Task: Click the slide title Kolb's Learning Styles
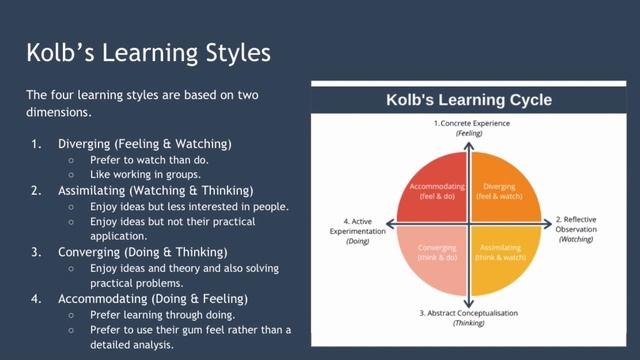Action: [148, 52]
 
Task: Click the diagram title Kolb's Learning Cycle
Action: [469, 100]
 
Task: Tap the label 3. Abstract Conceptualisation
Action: [469, 313]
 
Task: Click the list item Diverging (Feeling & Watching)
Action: [144, 143]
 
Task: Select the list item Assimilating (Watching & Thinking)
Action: [155, 190]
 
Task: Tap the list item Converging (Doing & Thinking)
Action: [142, 251]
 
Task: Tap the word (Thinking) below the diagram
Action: [469, 324]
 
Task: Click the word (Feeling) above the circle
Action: [469, 133]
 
